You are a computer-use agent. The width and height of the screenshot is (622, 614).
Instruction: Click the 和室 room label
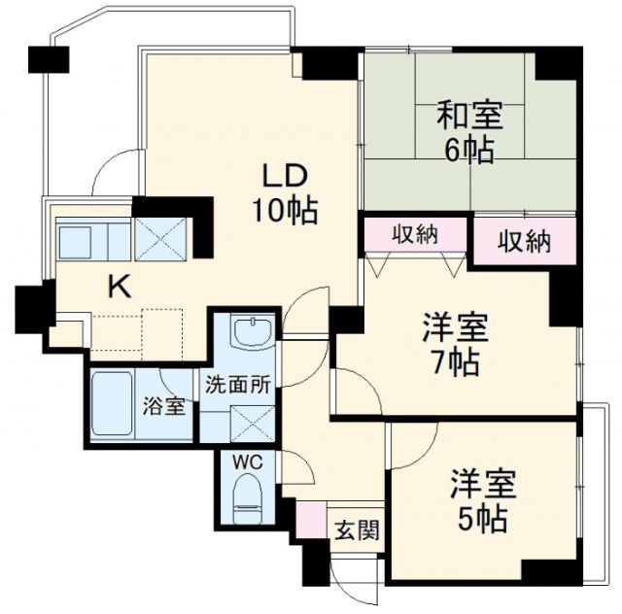tap(469, 117)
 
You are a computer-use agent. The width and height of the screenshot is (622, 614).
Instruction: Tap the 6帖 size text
tap(469, 151)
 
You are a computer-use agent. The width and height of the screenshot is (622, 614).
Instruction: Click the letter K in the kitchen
tap(119, 287)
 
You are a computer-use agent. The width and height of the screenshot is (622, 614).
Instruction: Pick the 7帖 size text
tap(455, 363)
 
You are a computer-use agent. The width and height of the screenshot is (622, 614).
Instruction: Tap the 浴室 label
tap(163, 406)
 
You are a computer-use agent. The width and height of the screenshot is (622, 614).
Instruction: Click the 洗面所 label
tap(236, 382)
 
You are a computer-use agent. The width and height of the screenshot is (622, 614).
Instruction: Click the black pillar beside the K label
tap(28, 306)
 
